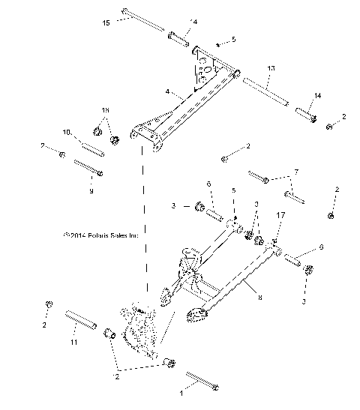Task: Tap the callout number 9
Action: click(92, 190)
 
